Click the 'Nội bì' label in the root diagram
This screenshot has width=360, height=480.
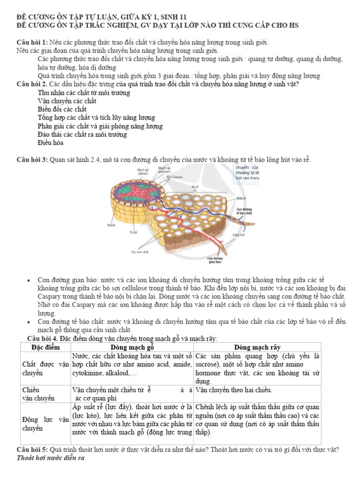pyautogui.click(x=111, y=225)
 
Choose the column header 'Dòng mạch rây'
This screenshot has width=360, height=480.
pyautogui.click(x=257, y=347)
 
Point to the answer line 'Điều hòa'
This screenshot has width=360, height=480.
pyautogui.click(x=51, y=143)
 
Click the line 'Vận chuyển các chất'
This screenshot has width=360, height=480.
pyautogui.click(x=67, y=101)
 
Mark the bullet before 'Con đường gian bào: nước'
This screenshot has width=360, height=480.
pyautogui.click(x=29, y=280)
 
